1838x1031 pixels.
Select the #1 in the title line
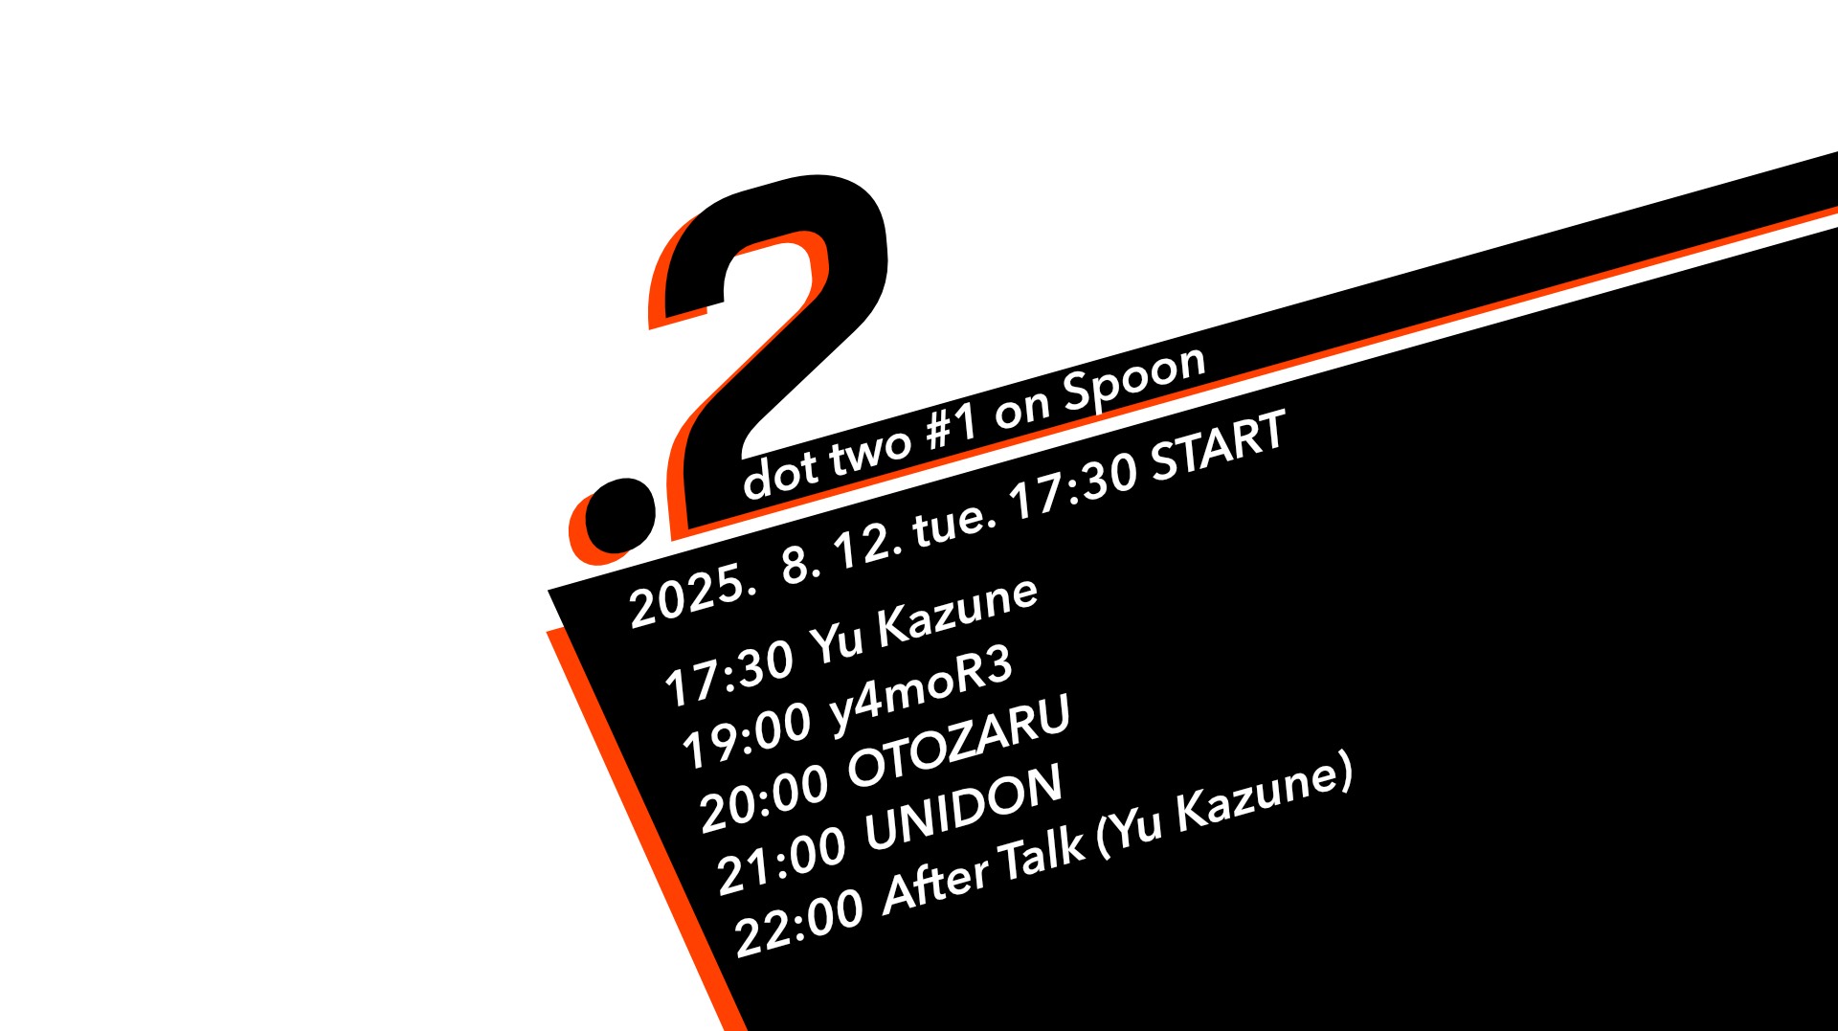[952, 427]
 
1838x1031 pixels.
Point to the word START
[1218, 447]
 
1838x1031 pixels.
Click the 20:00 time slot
[764, 798]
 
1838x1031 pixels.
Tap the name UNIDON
[964, 807]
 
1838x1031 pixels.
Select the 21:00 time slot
[781, 862]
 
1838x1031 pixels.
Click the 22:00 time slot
[798, 924]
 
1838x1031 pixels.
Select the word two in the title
[869, 452]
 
